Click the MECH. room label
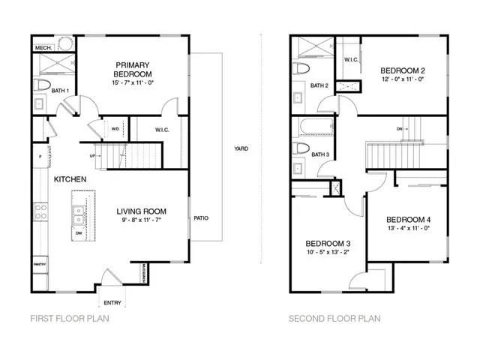(42, 49)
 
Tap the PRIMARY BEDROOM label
(133, 70)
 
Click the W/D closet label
(115, 128)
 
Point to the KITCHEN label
(70, 179)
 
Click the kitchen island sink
(79, 216)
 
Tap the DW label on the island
(78, 234)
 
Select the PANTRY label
(40, 265)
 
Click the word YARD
(241, 148)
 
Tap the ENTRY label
(113, 302)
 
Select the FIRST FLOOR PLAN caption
(70, 319)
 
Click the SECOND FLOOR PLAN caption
(334, 319)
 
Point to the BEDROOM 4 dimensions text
(409, 228)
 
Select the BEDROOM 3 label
(328, 244)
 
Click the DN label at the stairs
(400, 129)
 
